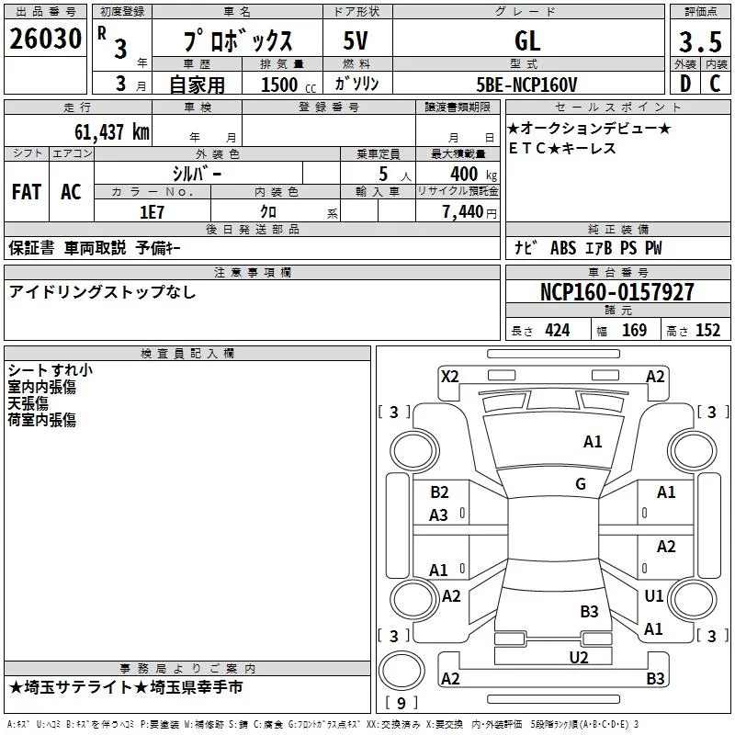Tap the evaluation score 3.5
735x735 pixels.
699,41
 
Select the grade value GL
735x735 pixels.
527,40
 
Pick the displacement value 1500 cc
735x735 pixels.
285,85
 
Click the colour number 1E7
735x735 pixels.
152,211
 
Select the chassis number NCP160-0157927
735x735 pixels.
616,293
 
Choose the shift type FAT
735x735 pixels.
26,192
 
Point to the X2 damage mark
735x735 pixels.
449,376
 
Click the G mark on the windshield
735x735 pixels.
581,484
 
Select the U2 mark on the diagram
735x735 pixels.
578,657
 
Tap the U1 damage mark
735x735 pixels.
653,596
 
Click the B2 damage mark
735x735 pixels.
439,492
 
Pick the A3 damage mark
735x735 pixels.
439,515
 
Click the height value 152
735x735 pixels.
707,331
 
